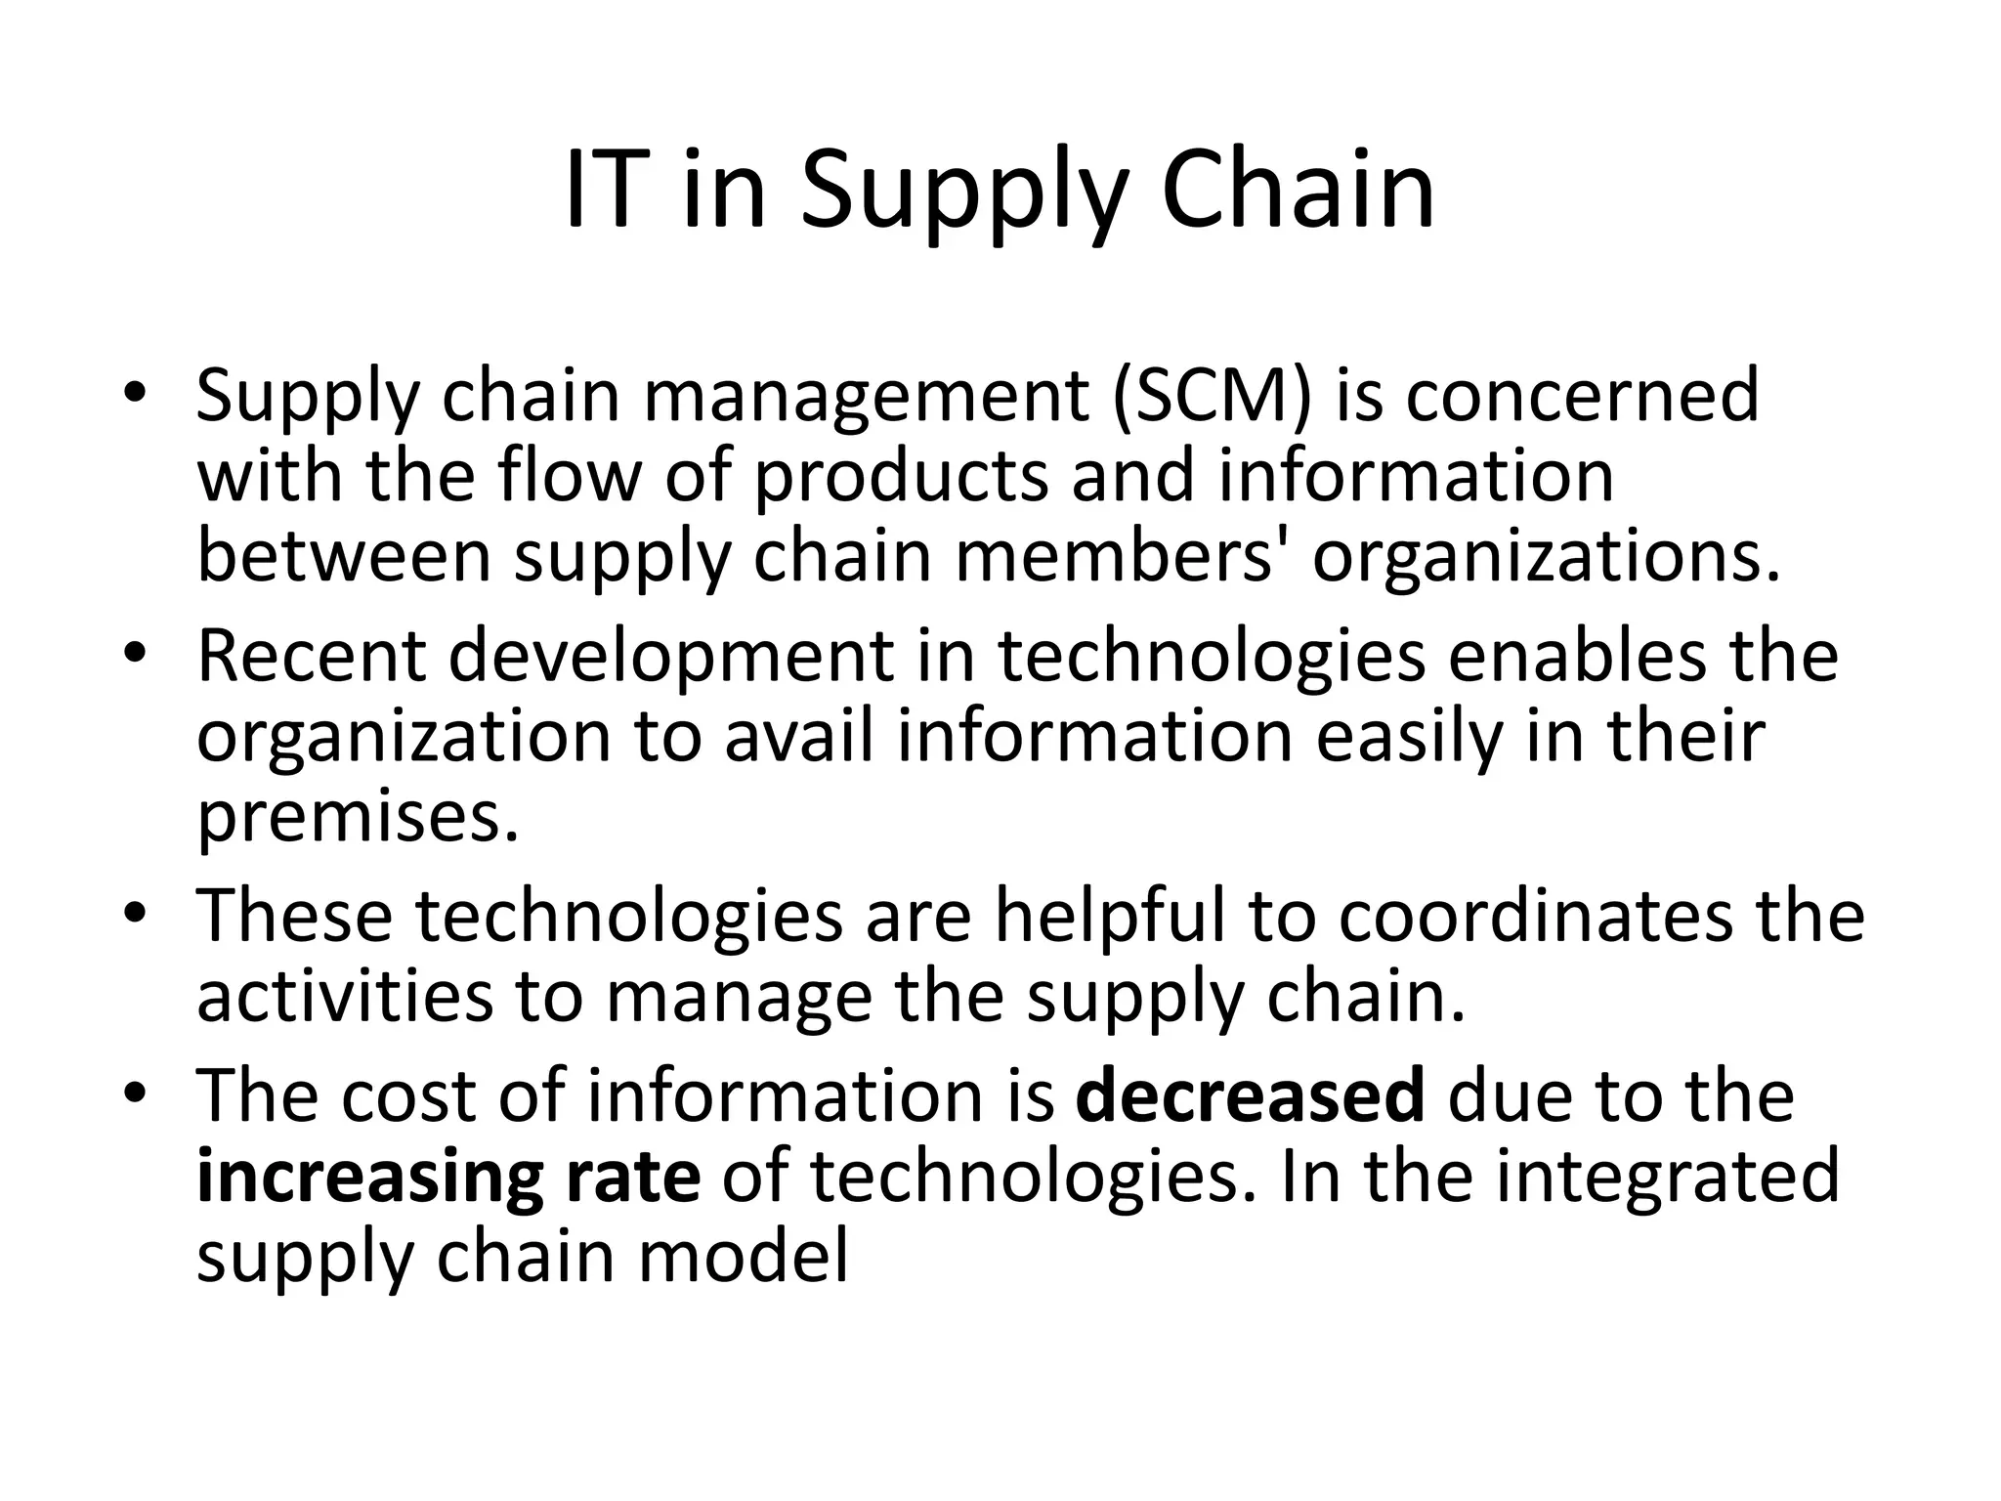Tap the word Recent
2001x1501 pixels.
tap(312, 657)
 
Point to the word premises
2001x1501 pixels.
tap(358, 819)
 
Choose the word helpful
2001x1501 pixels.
tap(1110, 917)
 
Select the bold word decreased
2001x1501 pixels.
tap(1251, 1096)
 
